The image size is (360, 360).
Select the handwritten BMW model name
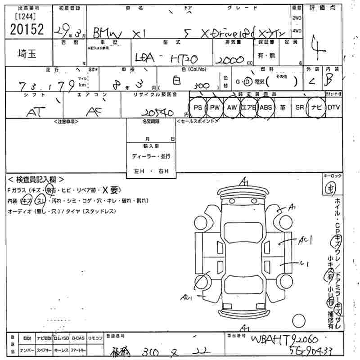(x=110, y=32)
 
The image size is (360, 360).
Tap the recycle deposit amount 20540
(x=160, y=112)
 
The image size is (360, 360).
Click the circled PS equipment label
(x=197, y=108)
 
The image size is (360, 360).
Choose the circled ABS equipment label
(x=266, y=108)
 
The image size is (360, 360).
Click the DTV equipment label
(x=333, y=108)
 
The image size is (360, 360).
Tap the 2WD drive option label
(x=297, y=18)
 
